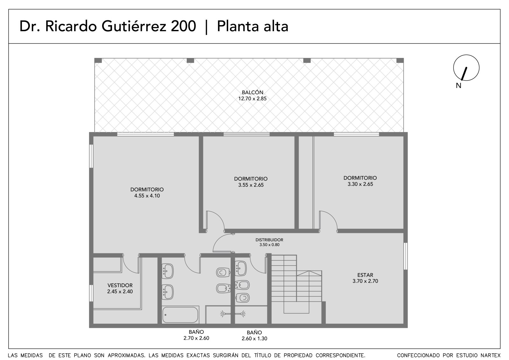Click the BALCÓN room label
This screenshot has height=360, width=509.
click(252, 92)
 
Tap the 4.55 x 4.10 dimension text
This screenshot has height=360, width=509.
click(147, 195)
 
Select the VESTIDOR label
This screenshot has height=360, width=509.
click(120, 285)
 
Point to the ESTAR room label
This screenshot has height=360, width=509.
click(365, 275)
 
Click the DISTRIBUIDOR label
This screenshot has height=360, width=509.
click(269, 240)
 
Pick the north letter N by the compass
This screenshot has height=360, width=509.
click(458, 86)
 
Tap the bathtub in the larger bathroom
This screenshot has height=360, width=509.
click(180, 315)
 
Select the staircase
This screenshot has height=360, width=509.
click(296, 284)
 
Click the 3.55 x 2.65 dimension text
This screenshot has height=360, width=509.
click(251, 185)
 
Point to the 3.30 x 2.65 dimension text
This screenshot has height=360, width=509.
click(360, 184)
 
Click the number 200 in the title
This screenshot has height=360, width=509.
click(183, 26)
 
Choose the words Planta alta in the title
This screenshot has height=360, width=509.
click(253, 26)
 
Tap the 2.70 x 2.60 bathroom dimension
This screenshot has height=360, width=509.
click(196, 338)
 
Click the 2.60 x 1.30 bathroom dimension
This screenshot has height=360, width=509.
click(254, 339)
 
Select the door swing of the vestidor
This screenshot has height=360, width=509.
click(131, 265)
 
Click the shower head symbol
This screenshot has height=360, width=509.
click(233, 314)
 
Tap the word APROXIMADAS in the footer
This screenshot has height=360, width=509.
click(126, 355)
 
